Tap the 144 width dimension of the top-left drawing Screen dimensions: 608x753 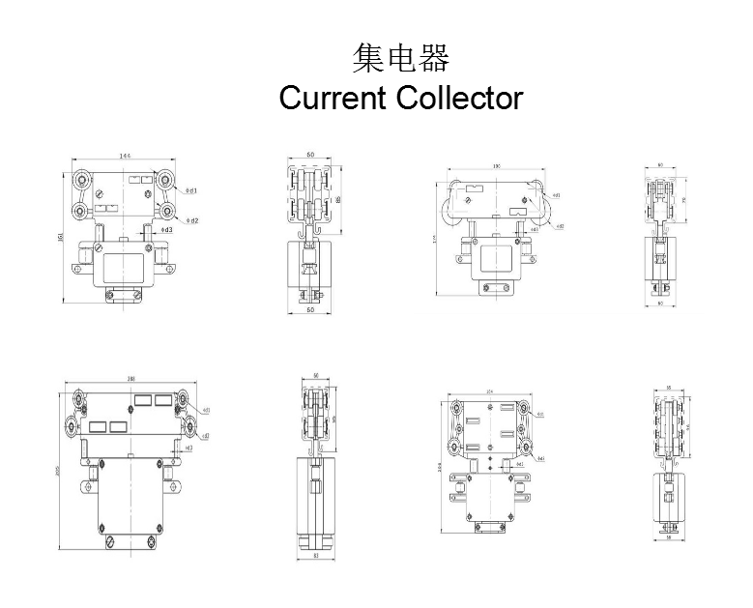coord(125,156)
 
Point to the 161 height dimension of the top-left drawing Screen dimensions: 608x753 coord(62,238)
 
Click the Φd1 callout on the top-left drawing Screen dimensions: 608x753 coord(191,190)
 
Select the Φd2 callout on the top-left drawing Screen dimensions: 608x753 coord(192,220)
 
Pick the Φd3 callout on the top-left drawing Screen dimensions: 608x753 coord(166,230)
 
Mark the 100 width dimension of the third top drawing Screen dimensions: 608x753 coord(496,167)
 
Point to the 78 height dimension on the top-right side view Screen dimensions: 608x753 coord(683,200)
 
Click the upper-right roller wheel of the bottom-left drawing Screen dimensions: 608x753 coord(181,399)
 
